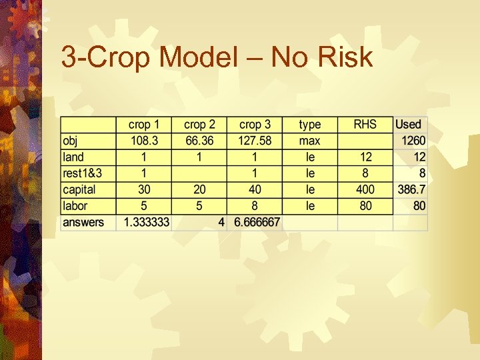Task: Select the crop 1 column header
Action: (x=144, y=125)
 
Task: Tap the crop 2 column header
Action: (x=199, y=125)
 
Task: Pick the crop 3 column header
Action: (x=255, y=125)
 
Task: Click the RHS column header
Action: (x=365, y=125)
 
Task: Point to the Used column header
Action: (x=409, y=125)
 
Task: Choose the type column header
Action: (x=309, y=125)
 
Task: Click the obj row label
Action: (x=70, y=141)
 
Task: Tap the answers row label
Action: (x=83, y=222)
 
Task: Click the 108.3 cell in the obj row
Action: (x=144, y=141)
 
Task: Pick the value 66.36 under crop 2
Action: (x=199, y=141)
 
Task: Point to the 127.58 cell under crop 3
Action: (x=255, y=141)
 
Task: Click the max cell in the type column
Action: (x=309, y=141)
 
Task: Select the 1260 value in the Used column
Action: (x=413, y=141)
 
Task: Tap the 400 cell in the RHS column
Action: (x=365, y=190)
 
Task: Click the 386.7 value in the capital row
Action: (x=411, y=190)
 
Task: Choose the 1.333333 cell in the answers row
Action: (x=144, y=222)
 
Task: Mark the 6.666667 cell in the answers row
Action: (x=255, y=222)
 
